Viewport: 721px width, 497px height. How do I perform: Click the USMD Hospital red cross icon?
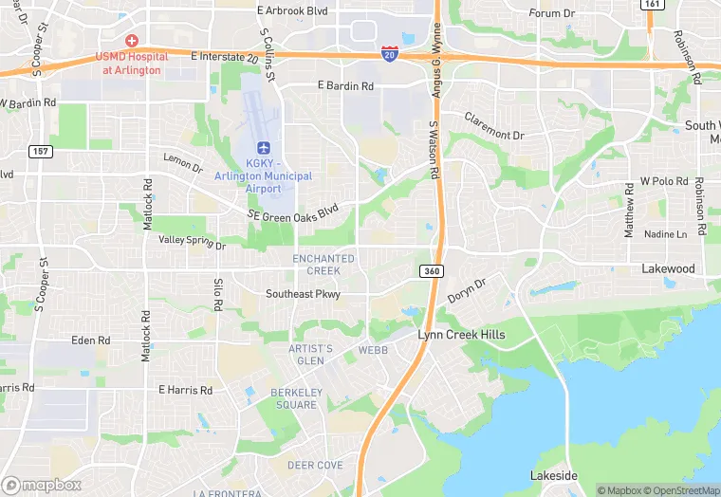131,41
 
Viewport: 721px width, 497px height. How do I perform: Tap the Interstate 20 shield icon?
390,53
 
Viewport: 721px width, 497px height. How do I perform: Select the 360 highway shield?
432,271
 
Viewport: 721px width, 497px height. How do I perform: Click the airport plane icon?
265,148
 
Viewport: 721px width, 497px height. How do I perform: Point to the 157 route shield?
40,152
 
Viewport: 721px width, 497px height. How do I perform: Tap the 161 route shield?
652,4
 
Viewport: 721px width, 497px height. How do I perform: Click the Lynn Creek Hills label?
462,336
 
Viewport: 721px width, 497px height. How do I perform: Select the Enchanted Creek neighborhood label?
324,265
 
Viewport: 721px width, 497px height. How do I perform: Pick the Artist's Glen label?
311,355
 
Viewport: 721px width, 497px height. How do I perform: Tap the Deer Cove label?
315,465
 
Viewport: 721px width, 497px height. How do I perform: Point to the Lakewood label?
668,269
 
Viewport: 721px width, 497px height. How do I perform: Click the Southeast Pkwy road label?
302,294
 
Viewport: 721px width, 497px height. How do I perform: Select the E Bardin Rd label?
344,86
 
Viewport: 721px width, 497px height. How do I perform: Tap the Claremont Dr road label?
494,127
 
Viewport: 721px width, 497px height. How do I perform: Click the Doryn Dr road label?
467,290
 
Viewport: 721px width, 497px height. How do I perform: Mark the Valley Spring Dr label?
192,244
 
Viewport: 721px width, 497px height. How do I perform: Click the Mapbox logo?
42,485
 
